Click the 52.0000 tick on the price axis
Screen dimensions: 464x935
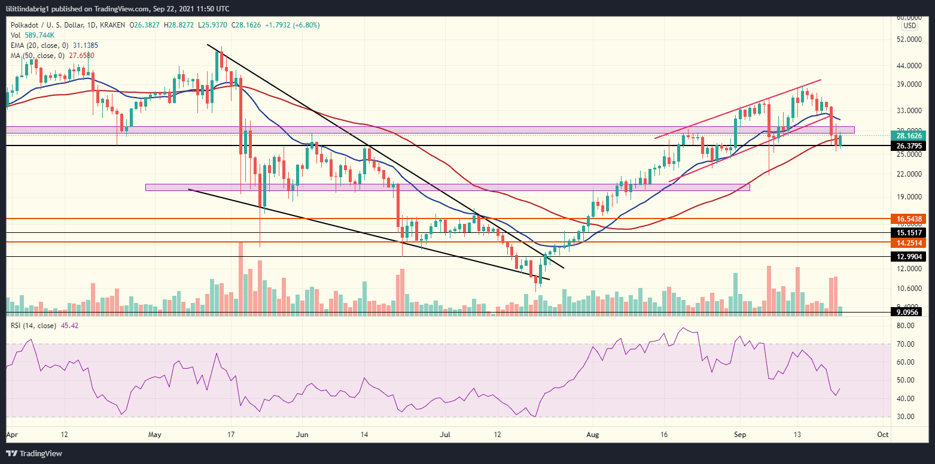[907, 40]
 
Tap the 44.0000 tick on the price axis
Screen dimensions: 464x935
[907, 65]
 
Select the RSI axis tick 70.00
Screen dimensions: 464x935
[904, 344]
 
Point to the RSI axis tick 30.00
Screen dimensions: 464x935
[904, 417]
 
